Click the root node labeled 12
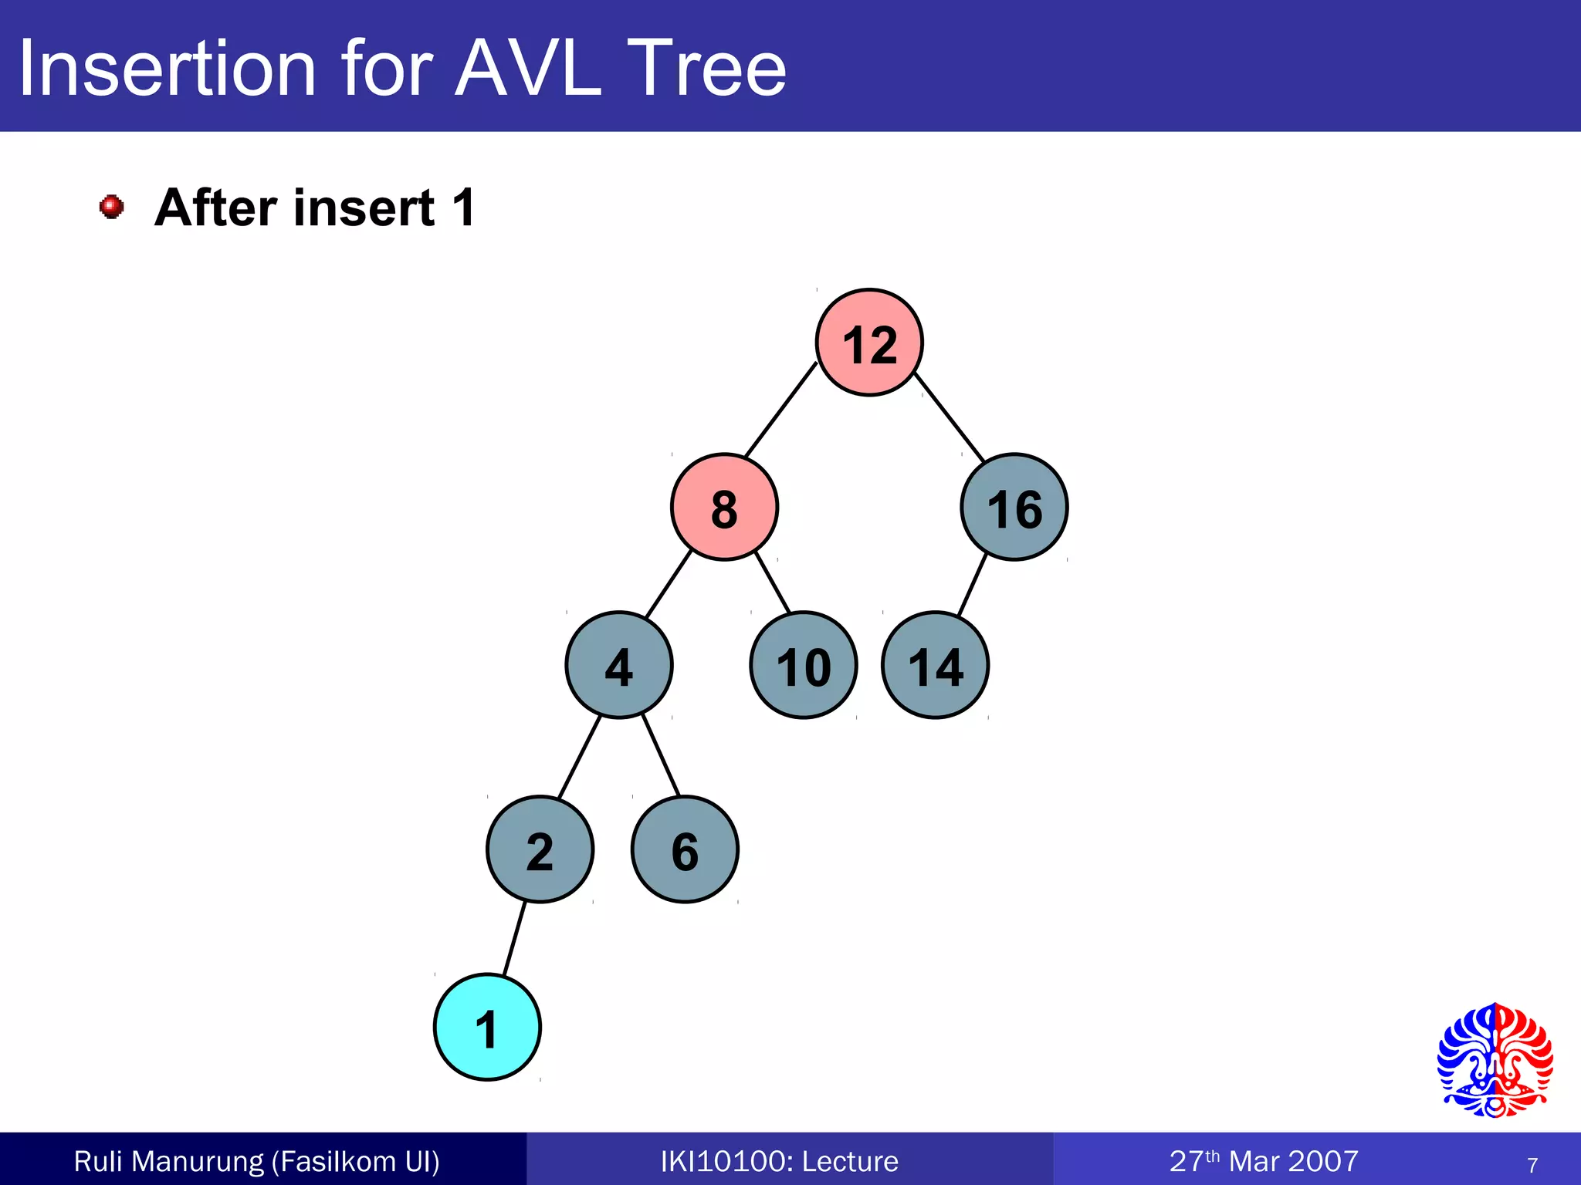click(x=869, y=343)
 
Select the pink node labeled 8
click(x=724, y=507)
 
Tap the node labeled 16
click(x=1014, y=507)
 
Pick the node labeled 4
click(x=618, y=665)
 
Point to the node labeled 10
click(x=803, y=665)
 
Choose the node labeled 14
click(x=935, y=665)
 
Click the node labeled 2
click(x=540, y=849)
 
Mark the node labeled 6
click(x=685, y=849)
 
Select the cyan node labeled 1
click(x=487, y=1028)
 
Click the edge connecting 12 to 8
click(x=780, y=410)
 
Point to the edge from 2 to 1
click(x=514, y=939)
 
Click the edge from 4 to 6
click(x=661, y=755)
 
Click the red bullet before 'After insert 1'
click(x=112, y=207)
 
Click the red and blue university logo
click(x=1495, y=1060)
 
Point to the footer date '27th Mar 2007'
click(x=1264, y=1161)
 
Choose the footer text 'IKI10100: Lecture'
click(x=780, y=1161)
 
